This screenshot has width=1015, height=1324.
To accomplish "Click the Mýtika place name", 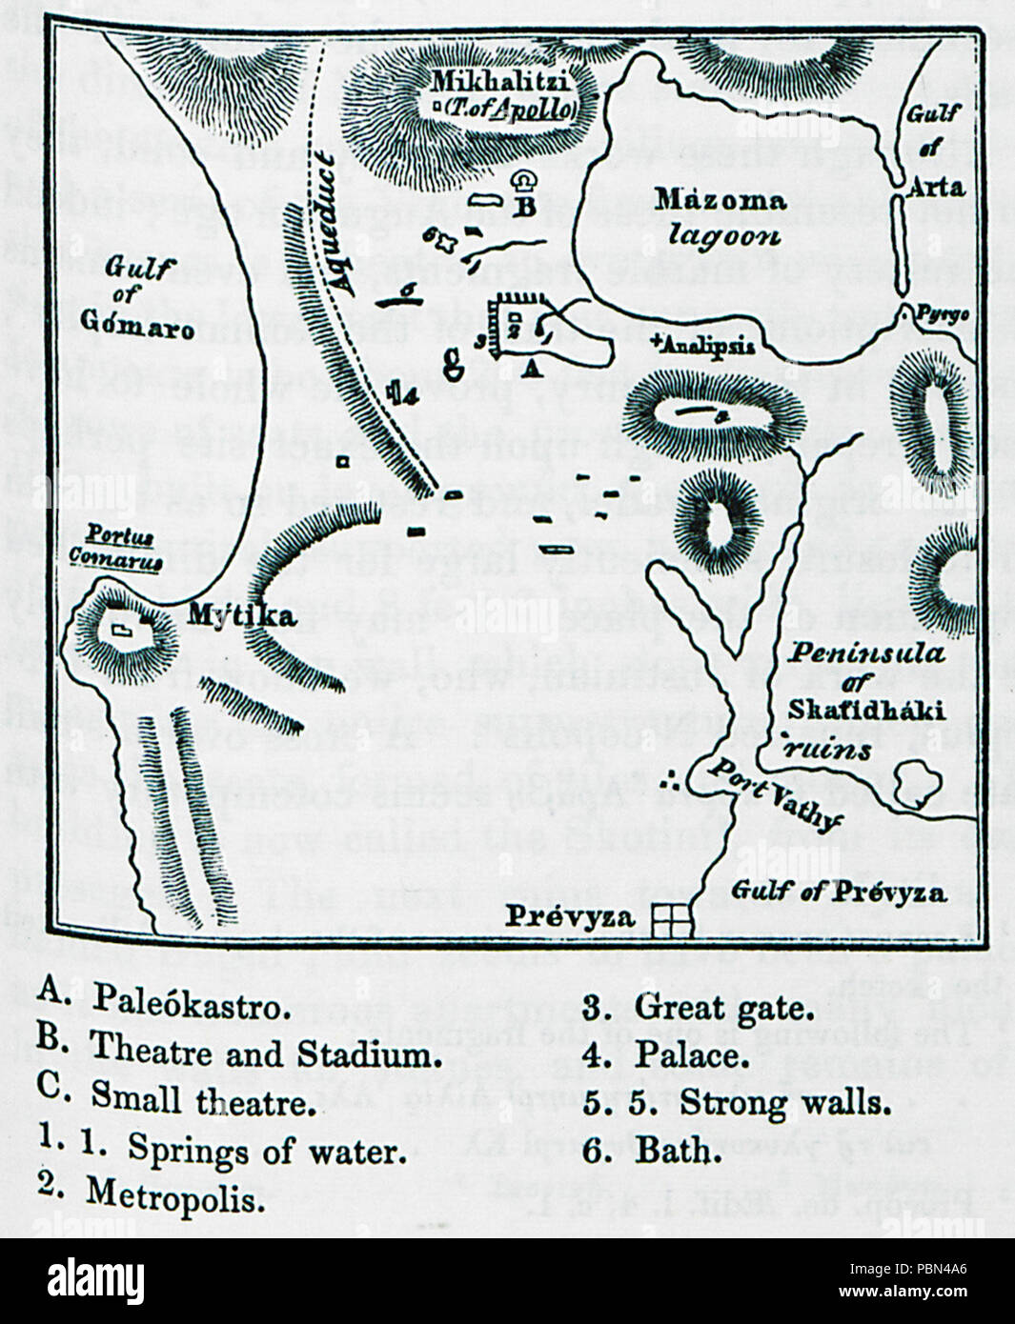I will [228, 616].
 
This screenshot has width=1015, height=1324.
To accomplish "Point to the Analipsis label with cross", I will [705, 345].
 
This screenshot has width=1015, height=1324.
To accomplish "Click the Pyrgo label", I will [944, 313].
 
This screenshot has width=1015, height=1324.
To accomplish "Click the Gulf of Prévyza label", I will [840, 892].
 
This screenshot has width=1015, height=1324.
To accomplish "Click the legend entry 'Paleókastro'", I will [191, 1007].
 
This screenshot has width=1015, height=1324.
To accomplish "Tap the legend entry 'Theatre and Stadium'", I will [265, 1053].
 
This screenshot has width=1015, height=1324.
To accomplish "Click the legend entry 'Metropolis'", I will [175, 1194].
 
